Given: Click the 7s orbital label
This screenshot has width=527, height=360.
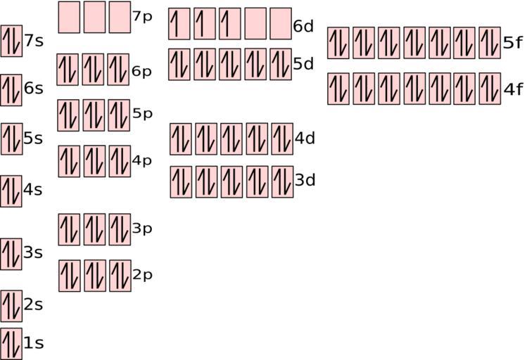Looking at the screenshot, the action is pos(34,41).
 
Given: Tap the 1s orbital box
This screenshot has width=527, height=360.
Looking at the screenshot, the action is pos(11,344).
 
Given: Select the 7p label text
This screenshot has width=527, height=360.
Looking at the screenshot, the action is pos(143,17).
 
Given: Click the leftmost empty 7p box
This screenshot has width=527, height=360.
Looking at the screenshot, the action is pos(69,17).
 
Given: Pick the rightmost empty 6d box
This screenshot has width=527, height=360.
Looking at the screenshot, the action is pos(281,24).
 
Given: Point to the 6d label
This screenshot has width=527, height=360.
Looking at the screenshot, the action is pos(303,26).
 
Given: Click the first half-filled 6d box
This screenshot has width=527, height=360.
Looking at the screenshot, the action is pos(179,24).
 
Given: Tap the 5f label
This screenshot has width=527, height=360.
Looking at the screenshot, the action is pos(513,43).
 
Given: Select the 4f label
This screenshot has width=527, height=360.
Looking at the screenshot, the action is pos(513,89).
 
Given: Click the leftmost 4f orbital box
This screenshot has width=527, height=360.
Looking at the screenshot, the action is pos(338,89).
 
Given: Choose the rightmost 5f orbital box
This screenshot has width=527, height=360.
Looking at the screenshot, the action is pos(490,43).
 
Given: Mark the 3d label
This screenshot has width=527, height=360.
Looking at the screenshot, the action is pos(305,180).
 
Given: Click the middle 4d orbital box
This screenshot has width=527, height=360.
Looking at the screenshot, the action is pos(231,139).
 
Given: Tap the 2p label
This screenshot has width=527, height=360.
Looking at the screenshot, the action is pos(143,275).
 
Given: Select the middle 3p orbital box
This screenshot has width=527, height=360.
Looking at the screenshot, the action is pos(94,230).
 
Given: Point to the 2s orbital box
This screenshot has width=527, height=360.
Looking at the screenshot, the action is pos(11,306).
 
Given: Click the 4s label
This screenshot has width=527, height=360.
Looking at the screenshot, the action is pos(33,190).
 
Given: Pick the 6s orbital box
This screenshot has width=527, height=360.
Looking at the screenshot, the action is pos(11,90).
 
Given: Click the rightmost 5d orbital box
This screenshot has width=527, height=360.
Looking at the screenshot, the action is pos(281,65).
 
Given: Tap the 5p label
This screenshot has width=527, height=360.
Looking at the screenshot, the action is pos(143,114).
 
